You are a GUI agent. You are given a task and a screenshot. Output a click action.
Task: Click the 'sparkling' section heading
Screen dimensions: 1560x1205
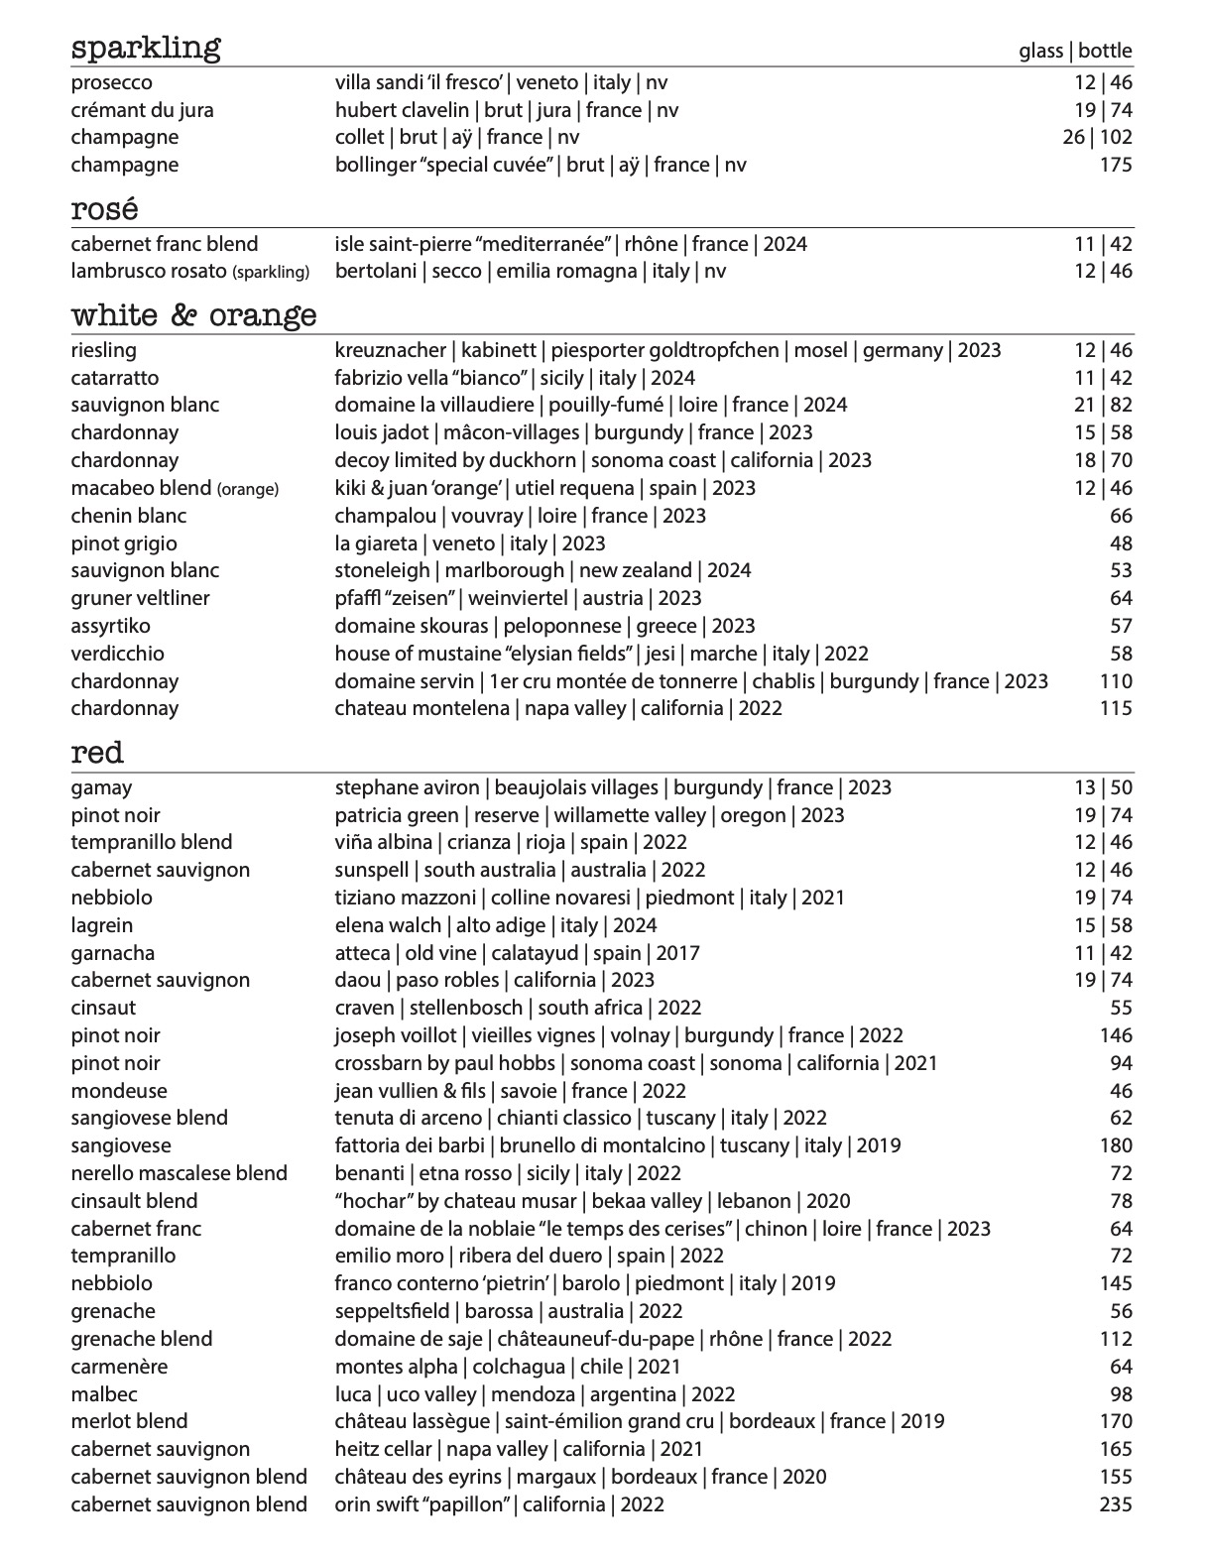[146, 48]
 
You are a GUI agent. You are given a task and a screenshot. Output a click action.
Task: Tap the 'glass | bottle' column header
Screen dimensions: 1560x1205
[1075, 51]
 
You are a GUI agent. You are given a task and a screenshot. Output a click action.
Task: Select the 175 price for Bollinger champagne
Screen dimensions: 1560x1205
[1116, 165]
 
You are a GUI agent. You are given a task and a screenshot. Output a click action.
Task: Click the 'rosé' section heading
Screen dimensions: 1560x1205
[104, 209]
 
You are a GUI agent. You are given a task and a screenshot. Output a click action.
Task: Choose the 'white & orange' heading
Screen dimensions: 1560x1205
[193, 315]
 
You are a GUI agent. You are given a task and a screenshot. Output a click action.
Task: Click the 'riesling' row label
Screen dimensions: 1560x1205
[104, 350]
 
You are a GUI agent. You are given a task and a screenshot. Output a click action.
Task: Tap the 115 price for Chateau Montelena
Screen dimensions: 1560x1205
[1116, 708]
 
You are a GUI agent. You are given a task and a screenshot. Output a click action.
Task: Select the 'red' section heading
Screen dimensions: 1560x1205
[97, 753]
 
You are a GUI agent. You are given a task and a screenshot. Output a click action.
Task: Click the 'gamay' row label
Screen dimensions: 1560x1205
[101, 787]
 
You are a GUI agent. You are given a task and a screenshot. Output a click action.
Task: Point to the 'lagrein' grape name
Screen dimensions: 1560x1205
[101, 925]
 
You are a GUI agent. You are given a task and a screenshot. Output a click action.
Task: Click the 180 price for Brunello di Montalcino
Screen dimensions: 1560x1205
[1116, 1145]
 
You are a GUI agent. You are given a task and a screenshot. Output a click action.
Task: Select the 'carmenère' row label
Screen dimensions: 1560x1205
[119, 1367]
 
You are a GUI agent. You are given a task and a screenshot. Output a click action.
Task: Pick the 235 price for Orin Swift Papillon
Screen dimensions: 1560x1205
[1116, 1504]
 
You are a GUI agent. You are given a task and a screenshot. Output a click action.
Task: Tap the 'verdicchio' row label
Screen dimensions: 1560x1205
[117, 654]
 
